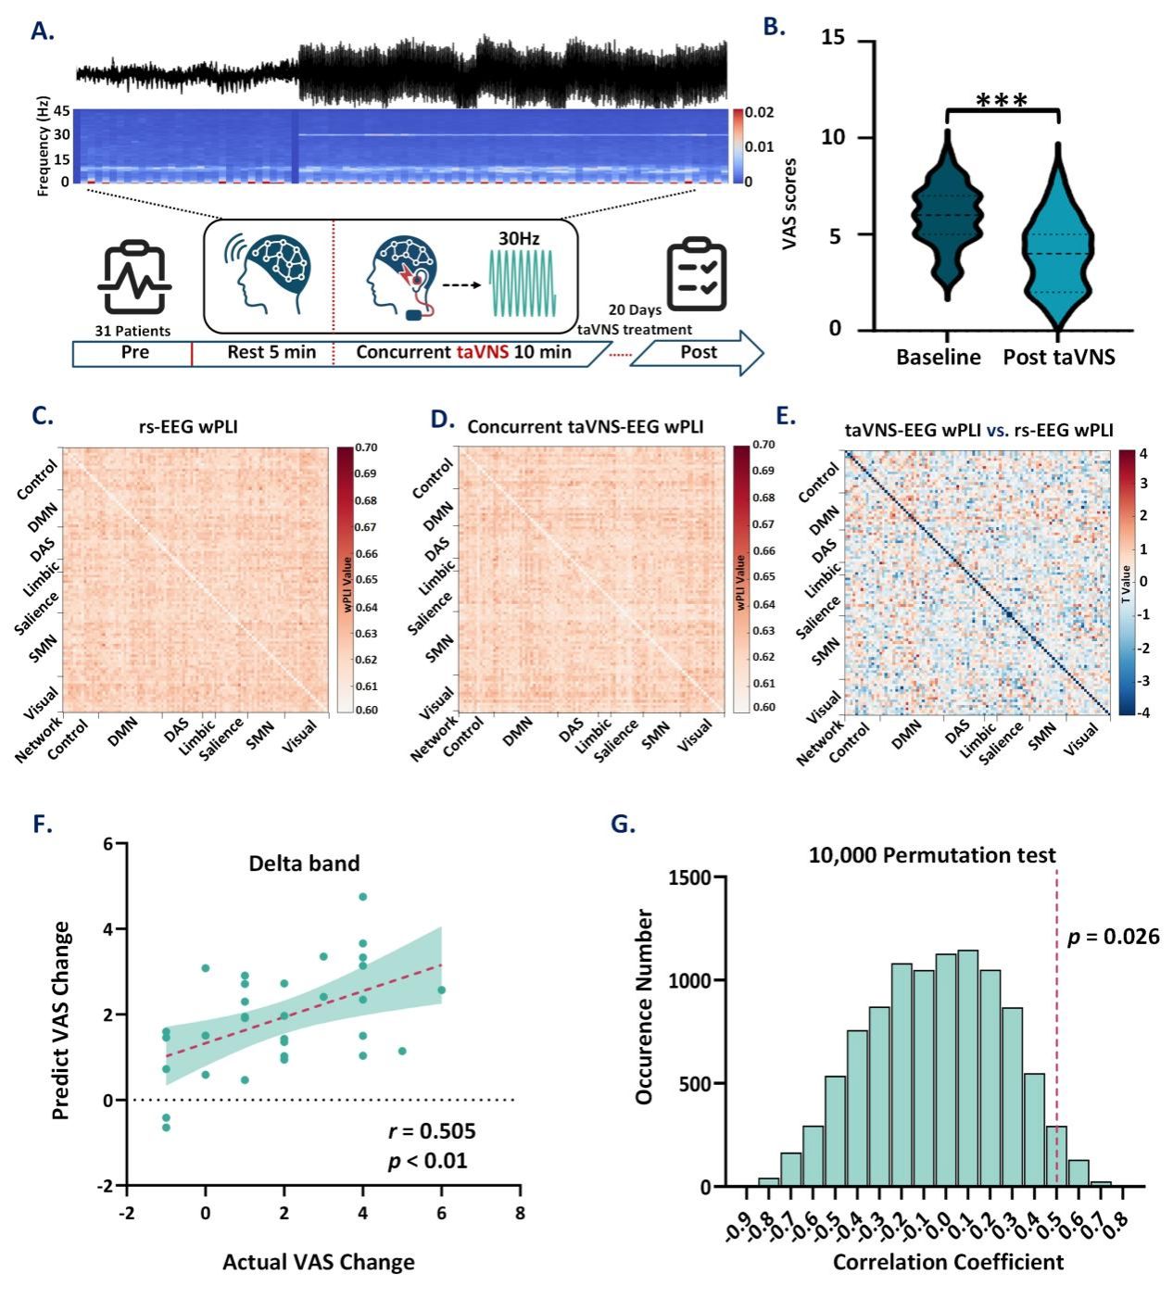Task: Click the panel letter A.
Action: [42, 31]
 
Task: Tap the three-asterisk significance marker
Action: [1002, 101]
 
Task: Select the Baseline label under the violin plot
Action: [938, 358]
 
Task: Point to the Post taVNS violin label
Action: [1059, 358]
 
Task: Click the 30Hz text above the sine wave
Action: [519, 238]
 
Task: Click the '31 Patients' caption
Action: [132, 331]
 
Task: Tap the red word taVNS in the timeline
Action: [483, 353]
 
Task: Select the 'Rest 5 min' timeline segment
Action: [259, 353]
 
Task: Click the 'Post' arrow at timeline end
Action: [699, 352]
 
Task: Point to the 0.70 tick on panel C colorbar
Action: [366, 448]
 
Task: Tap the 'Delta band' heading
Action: [304, 863]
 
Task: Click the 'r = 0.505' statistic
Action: [431, 1131]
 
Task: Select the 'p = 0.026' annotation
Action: [1113, 937]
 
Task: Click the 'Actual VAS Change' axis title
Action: [318, 1262]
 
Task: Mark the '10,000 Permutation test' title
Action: [931, 855]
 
